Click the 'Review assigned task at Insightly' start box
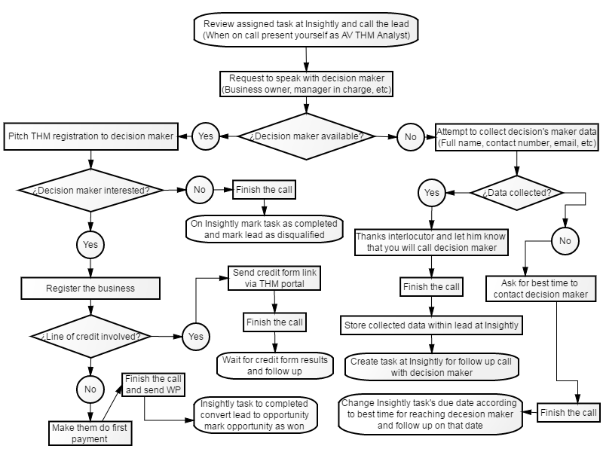click(306, 29)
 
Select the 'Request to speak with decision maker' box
click(306, 84)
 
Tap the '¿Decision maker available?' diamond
click(307, 136)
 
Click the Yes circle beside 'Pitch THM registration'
click(205, 136)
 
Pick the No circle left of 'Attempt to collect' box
click(410, 137)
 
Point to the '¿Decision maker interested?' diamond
click(90, 191)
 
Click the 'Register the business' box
click(90, 289)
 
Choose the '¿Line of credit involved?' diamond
click(90, 336)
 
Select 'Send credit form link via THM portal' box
click(274, 278)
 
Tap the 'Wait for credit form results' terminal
click(274, 365)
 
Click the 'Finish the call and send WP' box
click(153, 384)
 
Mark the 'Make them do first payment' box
click(90, 433)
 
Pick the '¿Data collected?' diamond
click(516, 193)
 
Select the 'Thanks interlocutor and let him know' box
click(431, 242)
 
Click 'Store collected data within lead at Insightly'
click(431, 325)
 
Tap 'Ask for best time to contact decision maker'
click(540, 289)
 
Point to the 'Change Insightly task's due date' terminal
click(430, 414)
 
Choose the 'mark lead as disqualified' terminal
click(265, 229)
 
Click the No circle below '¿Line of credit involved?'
click(90, 389)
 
